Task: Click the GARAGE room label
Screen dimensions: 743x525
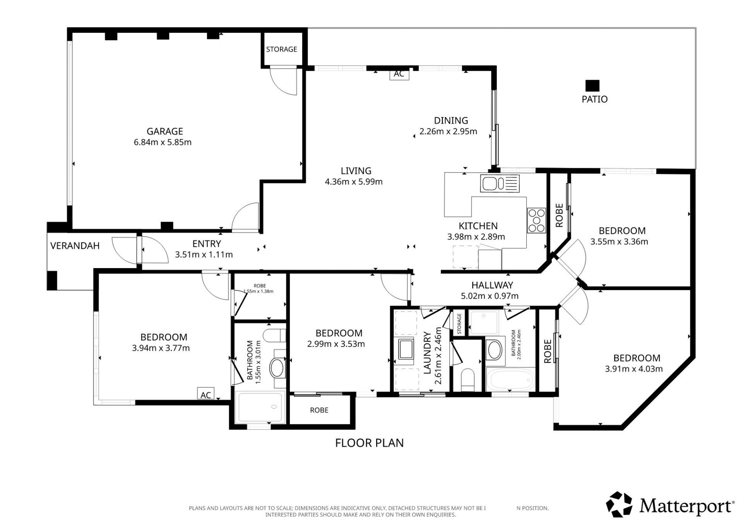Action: point(164,131)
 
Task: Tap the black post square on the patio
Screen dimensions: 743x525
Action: point(592,86)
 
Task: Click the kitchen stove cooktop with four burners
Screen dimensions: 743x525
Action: point(536,221)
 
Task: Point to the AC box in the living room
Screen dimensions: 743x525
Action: point(399,74)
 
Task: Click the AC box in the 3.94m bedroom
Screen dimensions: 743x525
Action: point(205,394)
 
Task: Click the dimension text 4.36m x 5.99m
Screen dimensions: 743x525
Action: point(354,181)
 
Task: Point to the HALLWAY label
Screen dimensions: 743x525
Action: point(492,285)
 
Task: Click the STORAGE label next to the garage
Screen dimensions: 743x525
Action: point(282,49)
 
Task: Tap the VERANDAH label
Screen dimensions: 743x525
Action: point(75,246)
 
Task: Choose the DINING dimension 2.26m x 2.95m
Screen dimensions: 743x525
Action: point(448,131)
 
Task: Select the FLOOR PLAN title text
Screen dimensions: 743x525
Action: point(369,443)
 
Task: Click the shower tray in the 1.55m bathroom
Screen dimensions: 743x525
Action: point(260,407)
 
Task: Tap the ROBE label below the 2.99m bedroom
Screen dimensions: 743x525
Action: point(319,410)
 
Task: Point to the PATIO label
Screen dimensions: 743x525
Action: point(594,99)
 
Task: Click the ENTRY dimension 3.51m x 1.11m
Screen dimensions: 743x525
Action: point(204,255)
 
